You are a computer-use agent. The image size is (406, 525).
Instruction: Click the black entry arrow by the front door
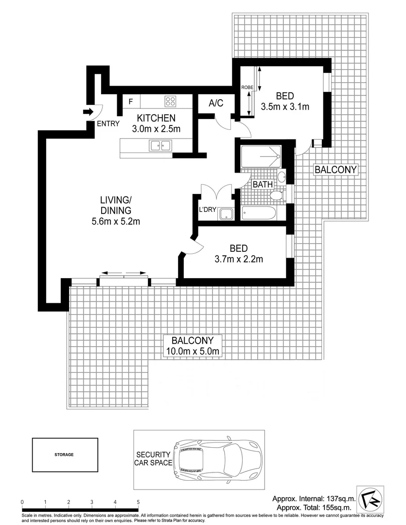pos(88,112)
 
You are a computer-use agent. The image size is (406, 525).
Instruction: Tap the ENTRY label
pos(107,123)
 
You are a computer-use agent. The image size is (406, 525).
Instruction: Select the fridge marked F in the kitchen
pos(130,102)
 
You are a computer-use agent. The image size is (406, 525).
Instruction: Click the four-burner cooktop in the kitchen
pos(170,102)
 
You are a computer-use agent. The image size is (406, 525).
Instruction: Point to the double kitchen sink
pos(160,145)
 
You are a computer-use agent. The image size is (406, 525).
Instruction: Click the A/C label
pos(216,103)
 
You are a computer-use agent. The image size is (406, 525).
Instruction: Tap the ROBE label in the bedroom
pos(247,87)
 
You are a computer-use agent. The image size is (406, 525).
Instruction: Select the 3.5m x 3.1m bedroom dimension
pos(285,107)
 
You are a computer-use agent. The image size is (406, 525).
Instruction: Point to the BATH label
pos(262,185)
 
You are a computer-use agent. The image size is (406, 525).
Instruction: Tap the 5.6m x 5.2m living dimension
pos(116,222)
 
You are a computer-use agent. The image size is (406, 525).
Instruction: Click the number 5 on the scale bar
pos(138,502)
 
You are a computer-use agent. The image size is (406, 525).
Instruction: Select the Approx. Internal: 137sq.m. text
pos(314,499)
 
